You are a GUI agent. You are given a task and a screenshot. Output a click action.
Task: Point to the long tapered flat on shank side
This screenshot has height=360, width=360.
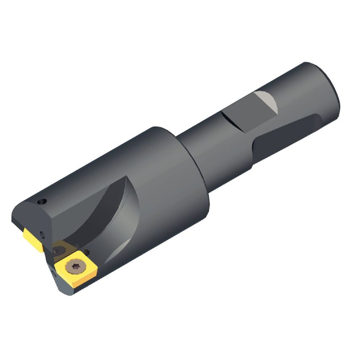click(287, 135)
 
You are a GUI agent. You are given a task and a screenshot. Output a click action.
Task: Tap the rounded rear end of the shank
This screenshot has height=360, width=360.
click(333, 91)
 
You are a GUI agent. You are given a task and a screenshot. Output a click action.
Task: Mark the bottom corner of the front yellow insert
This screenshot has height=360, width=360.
click(74, 287)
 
